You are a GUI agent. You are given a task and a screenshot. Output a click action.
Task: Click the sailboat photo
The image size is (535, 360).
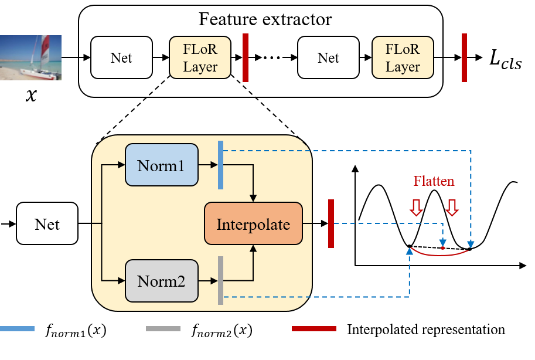coord(30,57)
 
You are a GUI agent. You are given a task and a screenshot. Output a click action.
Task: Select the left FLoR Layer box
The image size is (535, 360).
coord(200,57)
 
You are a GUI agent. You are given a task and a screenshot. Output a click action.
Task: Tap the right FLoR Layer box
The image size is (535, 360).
coord(403,57)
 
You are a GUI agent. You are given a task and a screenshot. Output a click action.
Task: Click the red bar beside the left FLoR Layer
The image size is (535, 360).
coord(246,57)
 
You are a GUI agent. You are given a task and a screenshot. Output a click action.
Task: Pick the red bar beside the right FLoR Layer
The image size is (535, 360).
coord(464,57)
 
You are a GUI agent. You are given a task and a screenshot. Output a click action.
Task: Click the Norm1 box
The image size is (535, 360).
coord(161,165)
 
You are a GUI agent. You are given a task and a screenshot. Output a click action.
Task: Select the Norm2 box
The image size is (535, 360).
coord(161,281)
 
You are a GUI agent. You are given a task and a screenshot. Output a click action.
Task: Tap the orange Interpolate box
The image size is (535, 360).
coord(253,223)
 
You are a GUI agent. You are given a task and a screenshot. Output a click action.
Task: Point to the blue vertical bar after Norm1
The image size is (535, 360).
coord(220,165)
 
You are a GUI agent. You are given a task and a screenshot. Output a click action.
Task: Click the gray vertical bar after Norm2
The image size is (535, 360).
coord(220,280)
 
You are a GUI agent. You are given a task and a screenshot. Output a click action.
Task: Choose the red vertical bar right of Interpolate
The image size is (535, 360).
coord(331,223)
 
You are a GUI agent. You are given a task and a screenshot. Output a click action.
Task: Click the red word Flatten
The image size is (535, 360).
coord(434,181)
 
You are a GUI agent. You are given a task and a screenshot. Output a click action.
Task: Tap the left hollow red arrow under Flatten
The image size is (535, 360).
coord(416,207)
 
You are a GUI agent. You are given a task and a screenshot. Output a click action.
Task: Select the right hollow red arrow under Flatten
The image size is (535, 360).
coord(451,207)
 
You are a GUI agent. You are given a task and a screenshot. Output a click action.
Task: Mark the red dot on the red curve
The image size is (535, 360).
coord(442,248)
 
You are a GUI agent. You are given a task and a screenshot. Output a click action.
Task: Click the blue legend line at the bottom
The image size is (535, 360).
coord(17,328)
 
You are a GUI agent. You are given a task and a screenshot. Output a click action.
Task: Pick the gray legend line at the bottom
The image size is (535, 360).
coord(163,328)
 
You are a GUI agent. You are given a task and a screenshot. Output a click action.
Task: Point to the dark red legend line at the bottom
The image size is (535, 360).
coord(313,328)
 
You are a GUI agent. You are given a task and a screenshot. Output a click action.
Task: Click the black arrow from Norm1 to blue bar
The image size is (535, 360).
coord(207,165)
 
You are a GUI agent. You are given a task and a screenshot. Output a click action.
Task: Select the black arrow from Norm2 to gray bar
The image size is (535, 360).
coord(207,281)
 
